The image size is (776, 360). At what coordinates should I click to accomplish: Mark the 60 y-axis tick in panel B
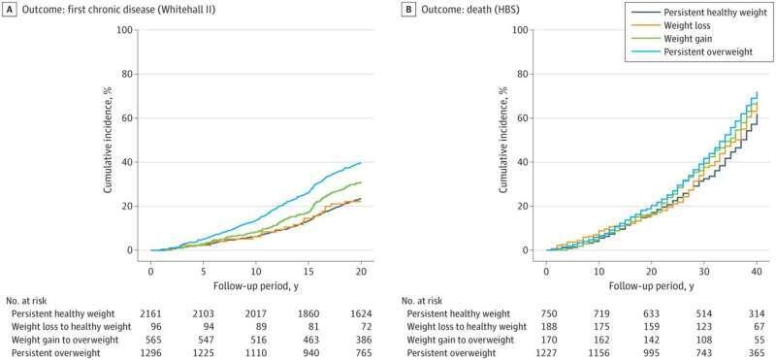point(523,117)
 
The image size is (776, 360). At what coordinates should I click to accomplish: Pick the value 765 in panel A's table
point(361,351)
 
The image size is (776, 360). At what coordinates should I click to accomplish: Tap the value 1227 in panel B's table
point(546,351)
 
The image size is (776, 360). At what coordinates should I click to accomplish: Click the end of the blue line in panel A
point(362,162)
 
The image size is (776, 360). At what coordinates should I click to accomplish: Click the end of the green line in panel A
point(362,182)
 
